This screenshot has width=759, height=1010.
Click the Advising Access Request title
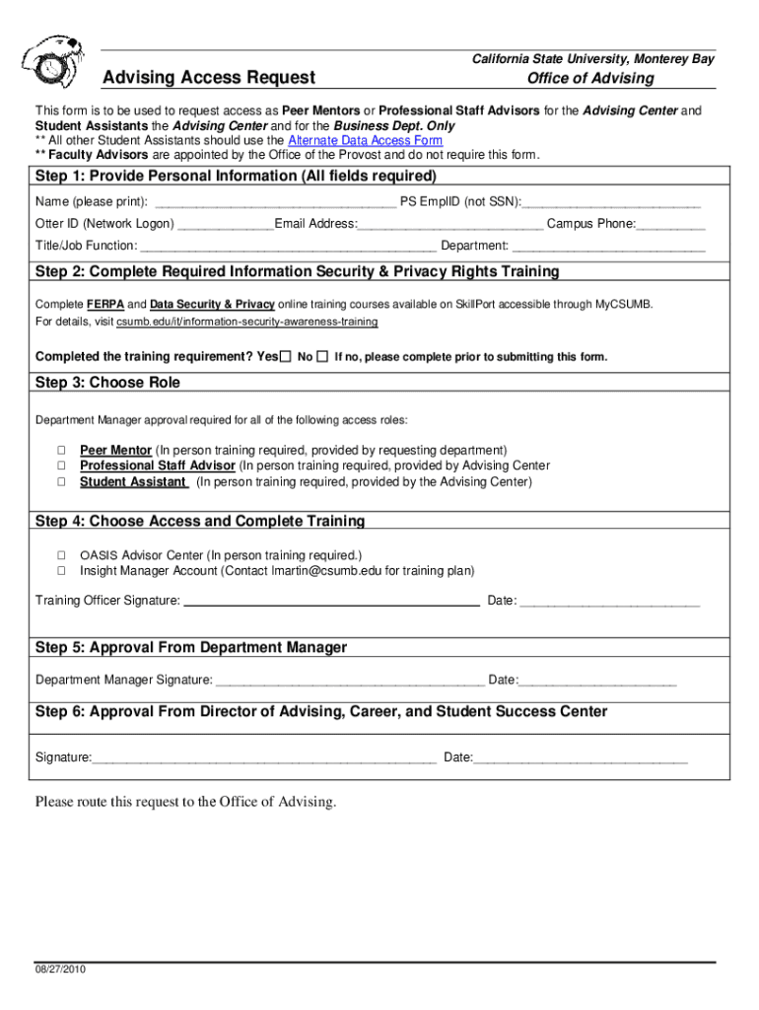(209, 78)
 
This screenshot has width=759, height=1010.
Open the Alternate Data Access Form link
(365, 141)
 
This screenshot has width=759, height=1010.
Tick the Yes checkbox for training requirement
(286, 356)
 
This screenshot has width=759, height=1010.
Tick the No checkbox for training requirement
(322, 356)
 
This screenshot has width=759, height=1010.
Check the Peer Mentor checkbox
(60, 450)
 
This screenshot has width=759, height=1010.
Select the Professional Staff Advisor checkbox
(60, 466)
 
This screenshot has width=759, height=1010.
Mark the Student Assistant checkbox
(60, 482)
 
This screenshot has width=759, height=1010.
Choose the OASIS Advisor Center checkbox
(60, 554)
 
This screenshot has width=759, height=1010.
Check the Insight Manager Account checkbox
(60, 570)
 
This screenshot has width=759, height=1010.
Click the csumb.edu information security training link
(246, 323)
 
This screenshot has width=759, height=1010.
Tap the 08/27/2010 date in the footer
(61, 970)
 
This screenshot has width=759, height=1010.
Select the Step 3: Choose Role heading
(108, 383)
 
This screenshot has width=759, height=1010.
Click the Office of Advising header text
(589, 78)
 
